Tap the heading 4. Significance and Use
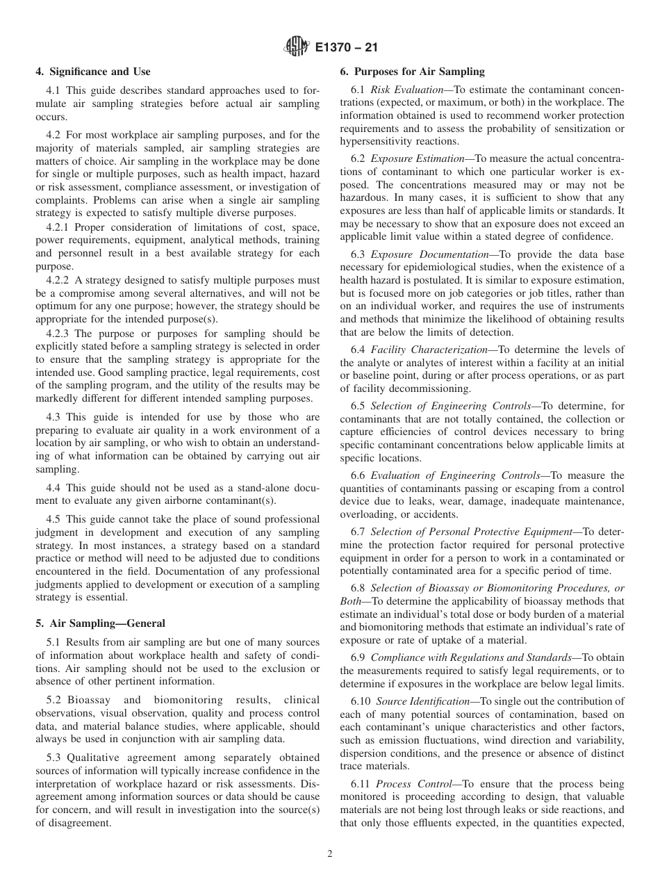pos(93,72)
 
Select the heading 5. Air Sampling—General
pos(100,623)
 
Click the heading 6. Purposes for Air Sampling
pos(412,72)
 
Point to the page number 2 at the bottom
pos(330,854)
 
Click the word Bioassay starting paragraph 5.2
pos(88,700)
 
